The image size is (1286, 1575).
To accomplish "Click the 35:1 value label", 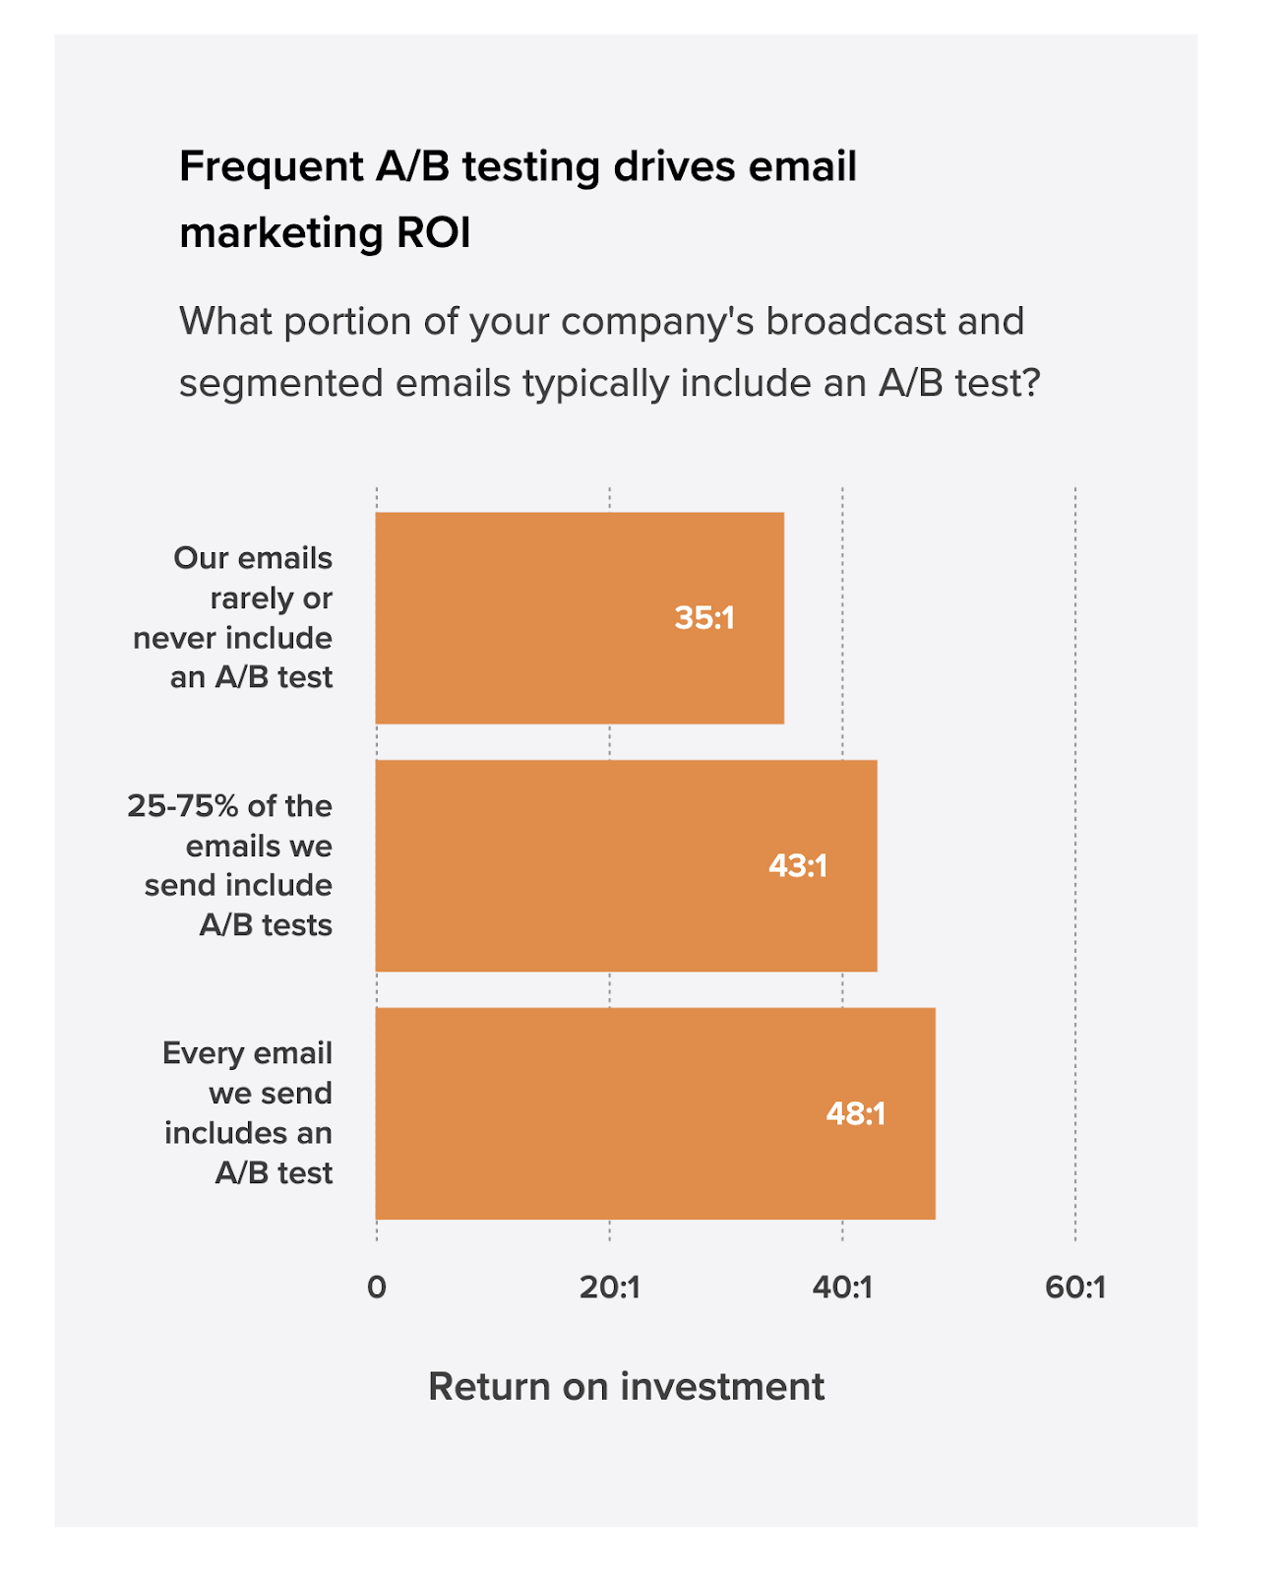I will pyautogui.click(x=704, y=618).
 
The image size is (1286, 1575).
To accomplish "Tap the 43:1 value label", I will pyautogui.click(x=797, y=866).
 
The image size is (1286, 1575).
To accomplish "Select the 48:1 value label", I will pyautogui.click(x=855, y=1114).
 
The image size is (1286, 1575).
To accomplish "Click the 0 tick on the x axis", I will pyautogui.click(x=376, y=1288).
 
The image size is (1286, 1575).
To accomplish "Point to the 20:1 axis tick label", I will pyautogui.click(x=609, y=1288).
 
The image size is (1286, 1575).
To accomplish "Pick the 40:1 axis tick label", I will pyautogui.click(x=842, y=1288).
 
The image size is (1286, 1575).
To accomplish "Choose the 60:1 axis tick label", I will pyautogui.click(x=1075, y=1288).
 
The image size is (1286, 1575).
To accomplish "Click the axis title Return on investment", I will pyautogui.click(x=626, y=1387).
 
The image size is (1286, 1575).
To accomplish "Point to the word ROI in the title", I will pyautogui.click(x=433, y=234).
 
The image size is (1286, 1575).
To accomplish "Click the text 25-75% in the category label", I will pyautogui.click(x=183, y=806).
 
